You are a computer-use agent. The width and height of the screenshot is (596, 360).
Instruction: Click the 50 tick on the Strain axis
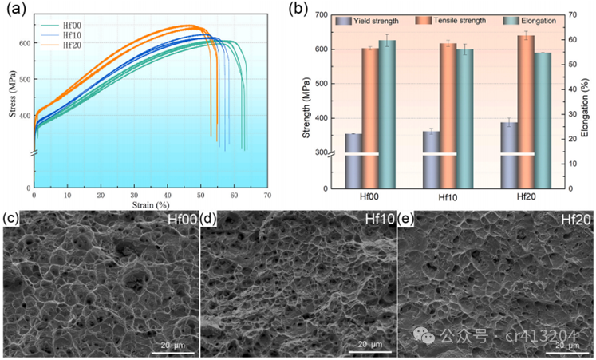(x=201, y=196)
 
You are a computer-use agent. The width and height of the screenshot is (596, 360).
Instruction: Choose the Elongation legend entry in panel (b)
(x=531, y=20)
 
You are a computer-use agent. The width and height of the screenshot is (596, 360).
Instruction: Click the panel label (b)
(x=297, y=10)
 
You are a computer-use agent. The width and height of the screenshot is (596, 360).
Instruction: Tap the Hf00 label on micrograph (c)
(x=182, y=220)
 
